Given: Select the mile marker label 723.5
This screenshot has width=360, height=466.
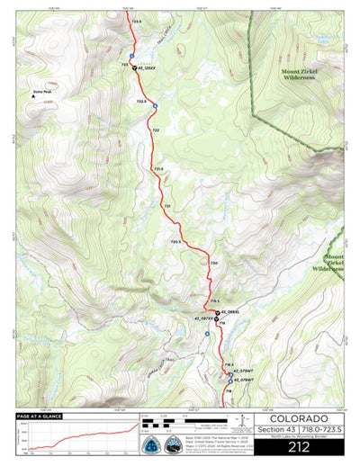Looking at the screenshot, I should pos(137,21).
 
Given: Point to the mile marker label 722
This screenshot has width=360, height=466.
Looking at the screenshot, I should pos(156,130).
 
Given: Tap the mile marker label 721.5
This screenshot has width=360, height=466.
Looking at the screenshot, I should pos(158,168).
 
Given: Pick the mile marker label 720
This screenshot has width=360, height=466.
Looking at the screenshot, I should pos(213,263).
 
